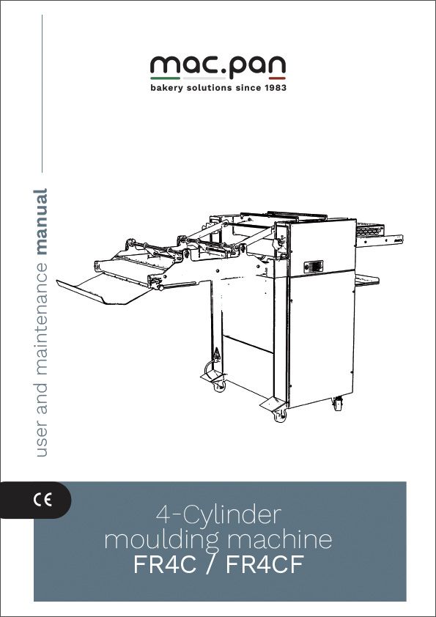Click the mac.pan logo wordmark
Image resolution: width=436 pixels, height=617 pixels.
coord(218,67)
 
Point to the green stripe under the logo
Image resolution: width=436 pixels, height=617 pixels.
coord(165,78)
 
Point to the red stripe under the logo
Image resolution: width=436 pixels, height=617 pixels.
coord(272,78)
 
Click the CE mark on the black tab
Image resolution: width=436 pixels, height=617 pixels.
coord(43,501)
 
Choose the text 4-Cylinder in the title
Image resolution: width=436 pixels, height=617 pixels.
coord(219,513)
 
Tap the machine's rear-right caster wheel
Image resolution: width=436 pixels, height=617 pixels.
coord(338,404)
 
